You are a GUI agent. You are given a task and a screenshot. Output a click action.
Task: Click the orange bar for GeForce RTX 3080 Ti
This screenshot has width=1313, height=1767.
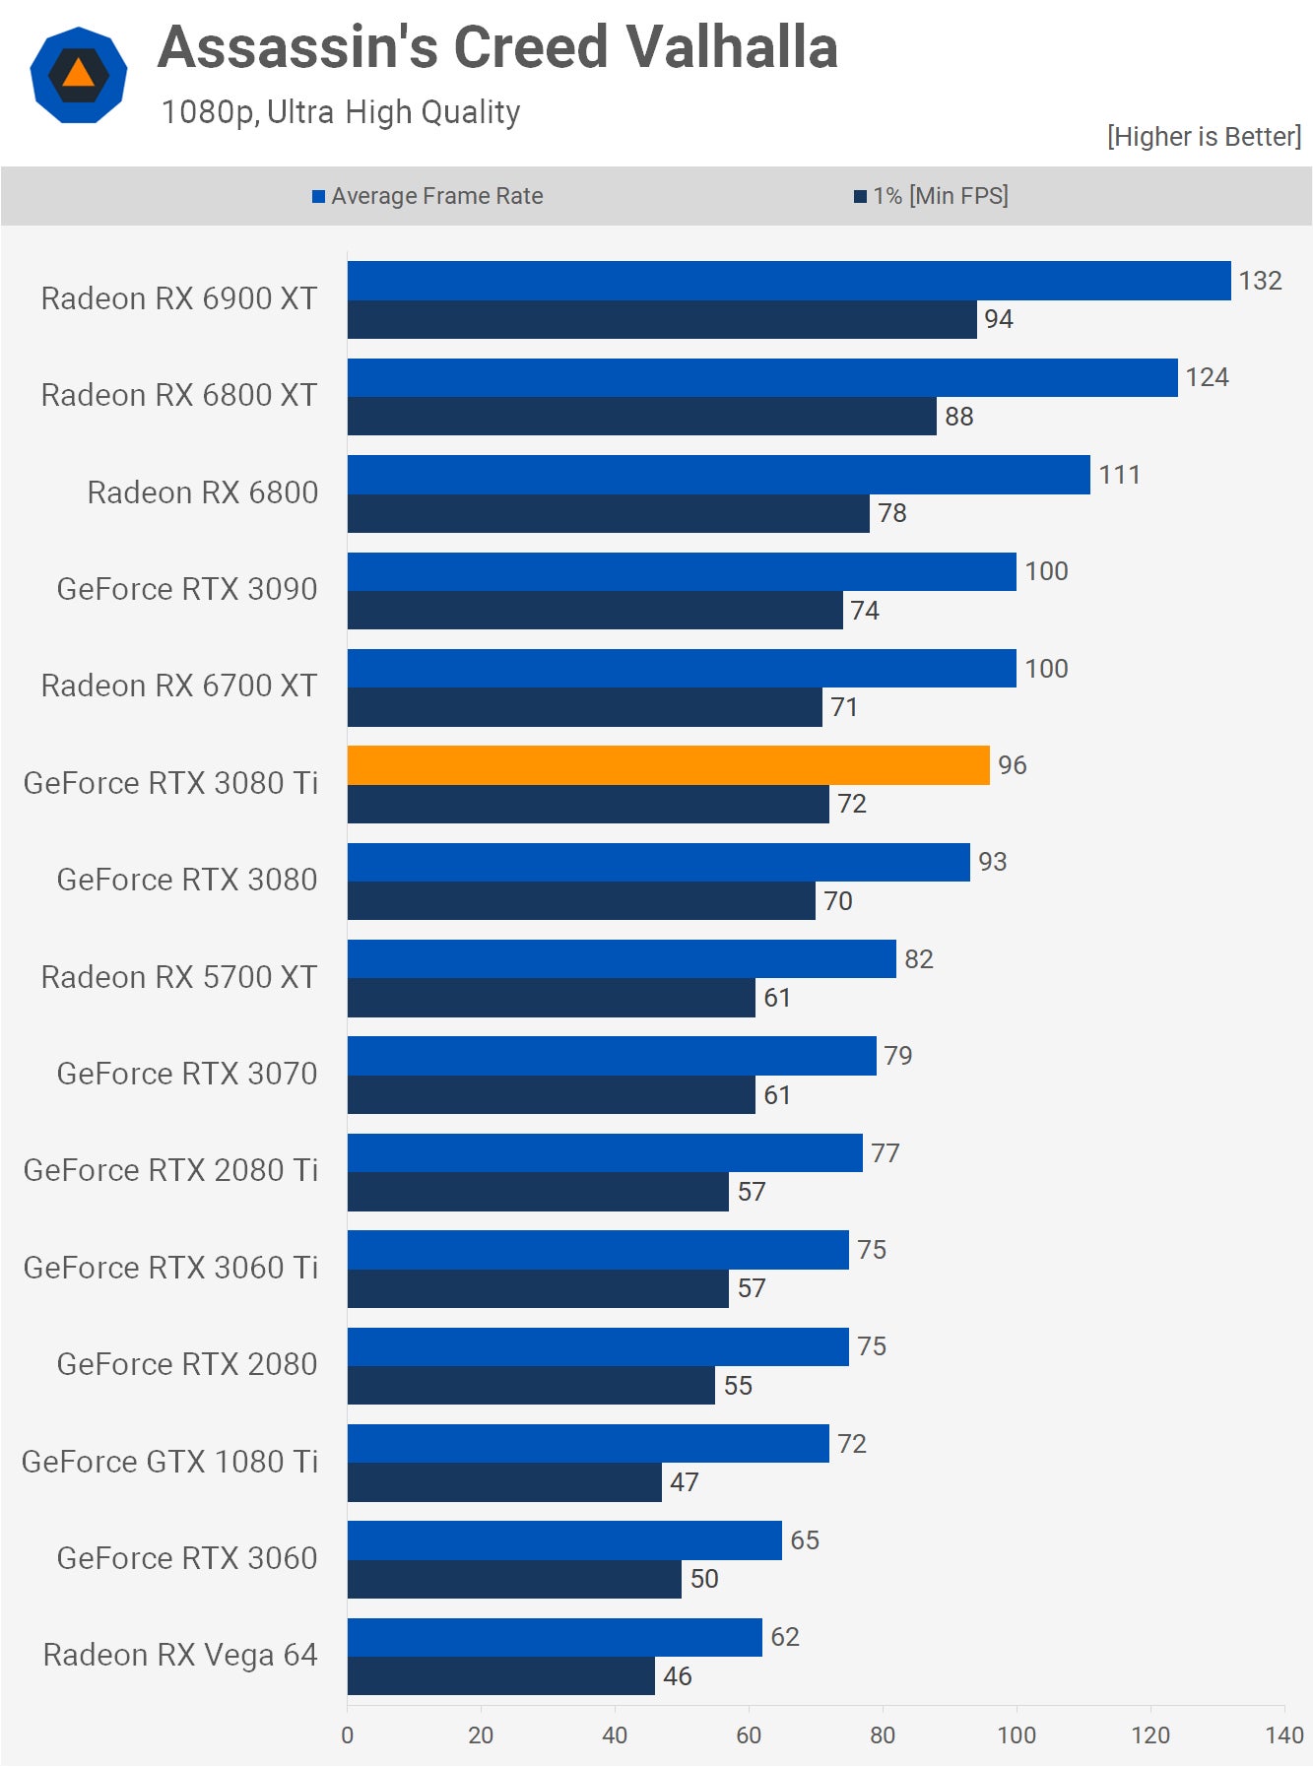(x=668, y=765)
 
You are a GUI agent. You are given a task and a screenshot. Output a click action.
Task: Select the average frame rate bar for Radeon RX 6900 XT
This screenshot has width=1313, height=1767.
(x=788, y=281)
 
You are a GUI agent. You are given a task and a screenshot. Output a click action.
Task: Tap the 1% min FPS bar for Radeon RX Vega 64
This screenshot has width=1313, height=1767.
(x=500, y=1676)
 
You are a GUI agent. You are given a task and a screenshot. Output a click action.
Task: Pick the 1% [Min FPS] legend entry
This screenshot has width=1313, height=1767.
(x=931, y=196)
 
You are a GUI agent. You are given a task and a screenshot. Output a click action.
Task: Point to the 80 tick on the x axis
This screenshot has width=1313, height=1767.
(x=883, y=1734)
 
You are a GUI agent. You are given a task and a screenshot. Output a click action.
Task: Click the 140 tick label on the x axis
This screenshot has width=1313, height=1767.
(x=1284, y=1734)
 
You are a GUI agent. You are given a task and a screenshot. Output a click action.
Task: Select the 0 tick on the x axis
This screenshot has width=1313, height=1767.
(x=347, y=1734)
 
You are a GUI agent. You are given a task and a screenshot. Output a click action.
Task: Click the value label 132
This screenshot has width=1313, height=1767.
(x=1260, y=281)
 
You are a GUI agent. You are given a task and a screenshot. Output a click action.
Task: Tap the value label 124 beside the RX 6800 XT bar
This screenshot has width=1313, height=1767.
(x=1207, y=377)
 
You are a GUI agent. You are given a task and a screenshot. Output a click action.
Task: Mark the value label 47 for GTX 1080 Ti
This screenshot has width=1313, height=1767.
(x=684, y=1482)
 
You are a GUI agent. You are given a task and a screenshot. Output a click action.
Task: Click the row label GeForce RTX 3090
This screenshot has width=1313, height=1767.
(x=187, y=589)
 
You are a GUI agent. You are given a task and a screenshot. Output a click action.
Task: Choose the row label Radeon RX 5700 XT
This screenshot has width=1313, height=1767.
(x=179, y=977)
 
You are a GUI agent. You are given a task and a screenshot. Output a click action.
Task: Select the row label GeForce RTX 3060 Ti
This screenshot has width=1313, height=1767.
(x=170, y=1268)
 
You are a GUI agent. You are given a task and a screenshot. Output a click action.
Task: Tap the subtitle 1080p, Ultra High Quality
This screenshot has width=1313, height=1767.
(x=341, y=112)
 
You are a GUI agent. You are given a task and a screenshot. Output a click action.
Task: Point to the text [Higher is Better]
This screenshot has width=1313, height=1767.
(x=1204, y=137)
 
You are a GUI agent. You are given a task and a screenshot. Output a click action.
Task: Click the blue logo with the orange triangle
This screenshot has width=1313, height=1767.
(x=79, y=75)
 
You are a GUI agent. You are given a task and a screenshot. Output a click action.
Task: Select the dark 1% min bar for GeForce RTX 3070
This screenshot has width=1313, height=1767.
(x=551, y=1095)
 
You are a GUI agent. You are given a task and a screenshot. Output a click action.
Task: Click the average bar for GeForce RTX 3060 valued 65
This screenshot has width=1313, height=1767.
(x=563, y=1540)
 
